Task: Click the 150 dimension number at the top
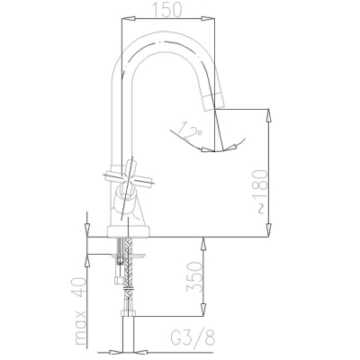coord(167,9)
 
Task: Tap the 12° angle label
coord(189,132)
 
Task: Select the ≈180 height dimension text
coord(260,192)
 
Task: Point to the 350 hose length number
coord(194,276)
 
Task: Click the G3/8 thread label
coord(193,338)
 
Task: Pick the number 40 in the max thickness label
coord(79,287)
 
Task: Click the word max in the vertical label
coord(80,328)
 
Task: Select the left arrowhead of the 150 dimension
coord(128,19)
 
